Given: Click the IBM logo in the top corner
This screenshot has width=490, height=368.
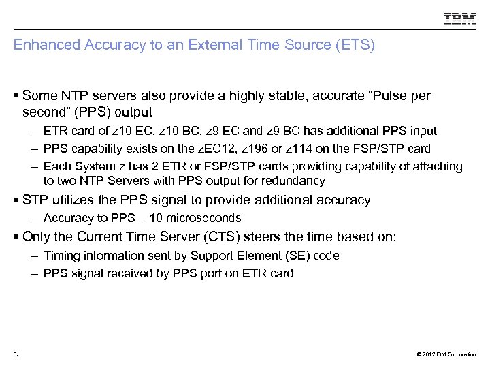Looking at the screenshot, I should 460,20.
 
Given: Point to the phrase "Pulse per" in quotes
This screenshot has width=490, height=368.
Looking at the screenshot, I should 402,96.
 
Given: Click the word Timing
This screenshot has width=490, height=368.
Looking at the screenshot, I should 60,256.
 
